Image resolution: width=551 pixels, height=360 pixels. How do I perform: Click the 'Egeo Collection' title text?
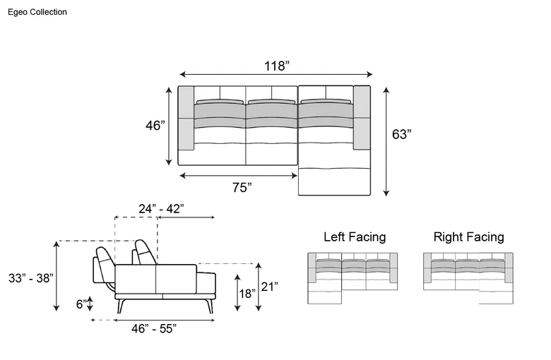tap(37, 12)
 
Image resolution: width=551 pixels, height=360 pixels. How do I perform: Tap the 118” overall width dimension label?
tap(277, 66)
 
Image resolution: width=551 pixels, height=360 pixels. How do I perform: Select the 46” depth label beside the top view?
tap(155, 126)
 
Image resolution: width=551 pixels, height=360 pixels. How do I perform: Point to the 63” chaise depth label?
tap(401, 134)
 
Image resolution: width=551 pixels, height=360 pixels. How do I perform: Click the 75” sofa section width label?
tap(242, 188)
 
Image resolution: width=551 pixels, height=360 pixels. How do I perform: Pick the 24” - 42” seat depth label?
tap(161, 209)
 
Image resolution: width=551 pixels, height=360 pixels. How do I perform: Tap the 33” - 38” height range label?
tap(31, 278)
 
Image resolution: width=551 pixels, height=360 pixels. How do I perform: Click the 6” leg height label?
tap(81, 304)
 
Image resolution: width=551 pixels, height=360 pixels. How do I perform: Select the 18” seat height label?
tap(247, 293)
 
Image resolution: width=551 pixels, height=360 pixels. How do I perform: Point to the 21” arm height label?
tap(270, 287)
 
